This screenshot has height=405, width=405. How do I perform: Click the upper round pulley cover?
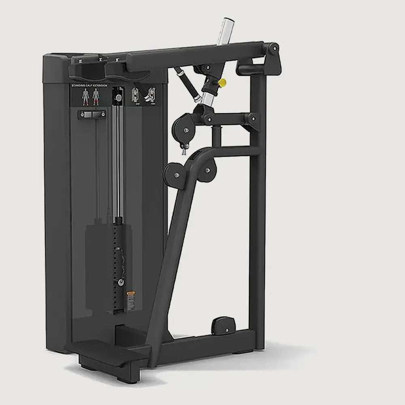tap(185, 129)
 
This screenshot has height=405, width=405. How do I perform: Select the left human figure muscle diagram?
tap(85, 96)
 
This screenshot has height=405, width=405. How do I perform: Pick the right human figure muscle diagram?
tap(96, 96)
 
